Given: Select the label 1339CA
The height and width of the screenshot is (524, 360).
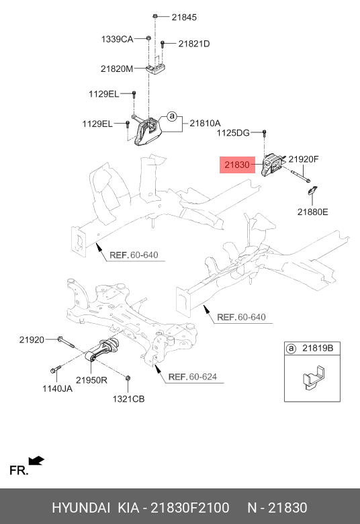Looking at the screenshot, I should click(118, 39).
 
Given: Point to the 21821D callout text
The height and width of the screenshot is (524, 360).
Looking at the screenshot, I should click(193, 44).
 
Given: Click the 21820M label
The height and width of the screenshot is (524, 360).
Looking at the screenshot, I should click(118, 69).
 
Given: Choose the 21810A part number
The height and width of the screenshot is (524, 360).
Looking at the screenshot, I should click(205, 123).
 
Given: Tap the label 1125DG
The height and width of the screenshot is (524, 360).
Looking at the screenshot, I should click(232, 134).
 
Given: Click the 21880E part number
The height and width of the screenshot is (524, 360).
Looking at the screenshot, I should click(313, 211).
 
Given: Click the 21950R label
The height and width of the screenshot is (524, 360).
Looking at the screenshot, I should click(92, 380).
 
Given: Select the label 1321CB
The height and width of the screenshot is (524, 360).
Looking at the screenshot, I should click(128, 400).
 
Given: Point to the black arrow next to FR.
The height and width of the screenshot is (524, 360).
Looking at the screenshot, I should click(38, 460).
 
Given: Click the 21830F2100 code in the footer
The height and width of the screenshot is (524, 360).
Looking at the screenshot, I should click(194, 507).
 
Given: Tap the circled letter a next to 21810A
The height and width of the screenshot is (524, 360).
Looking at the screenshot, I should click(171, 117).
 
